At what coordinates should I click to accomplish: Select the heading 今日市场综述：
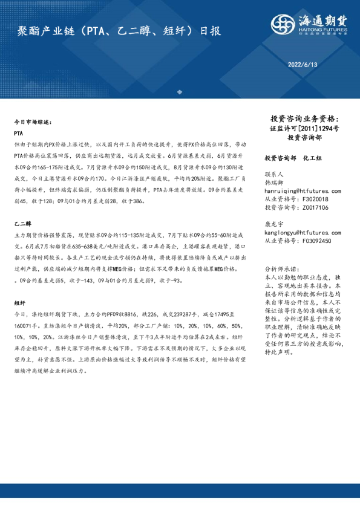(x=33, y=122)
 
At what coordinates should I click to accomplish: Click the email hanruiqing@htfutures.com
(x=300, y=189)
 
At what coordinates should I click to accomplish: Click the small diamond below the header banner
(x=179, y=92)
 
